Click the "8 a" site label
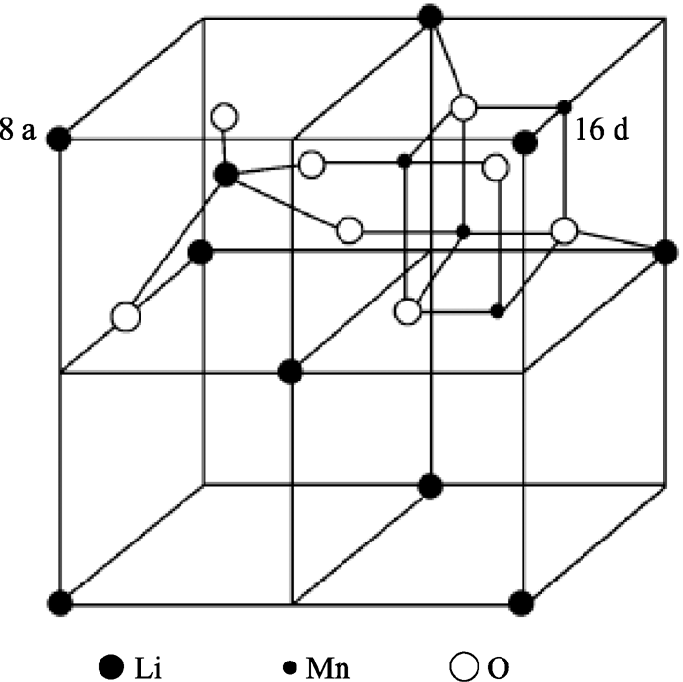click(x=19, y=132)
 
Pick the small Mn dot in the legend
click(x=291, y=666)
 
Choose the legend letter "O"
click(x=500, y=666)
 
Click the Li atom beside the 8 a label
click(x=59, y=139)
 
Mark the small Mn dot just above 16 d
click(x=564, y=105)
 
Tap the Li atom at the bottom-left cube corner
click(x=60, y=601)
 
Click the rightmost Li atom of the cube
click(x=666, y=252)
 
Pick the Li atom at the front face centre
click(x=290, y=371)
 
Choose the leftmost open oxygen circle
click(x=124, y=317)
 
